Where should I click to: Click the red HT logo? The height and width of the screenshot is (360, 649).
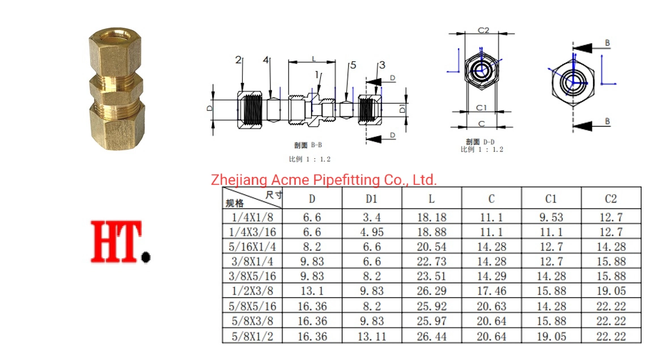(x=120, y=242)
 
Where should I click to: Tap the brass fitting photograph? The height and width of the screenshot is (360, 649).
(x=117, y=88)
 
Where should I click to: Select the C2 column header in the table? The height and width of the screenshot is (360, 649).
(x=610, y=199)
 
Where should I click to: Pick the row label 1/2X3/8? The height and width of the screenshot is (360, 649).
(x=252, y=291)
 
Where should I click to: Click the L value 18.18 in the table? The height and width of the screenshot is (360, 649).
(x=431, y=217)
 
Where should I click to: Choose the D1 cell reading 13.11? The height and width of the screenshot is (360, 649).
(x=372, y=336)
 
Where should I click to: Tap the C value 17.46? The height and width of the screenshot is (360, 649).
(x=491, y=291)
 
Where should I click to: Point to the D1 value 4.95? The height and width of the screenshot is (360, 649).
(x=372, y=232)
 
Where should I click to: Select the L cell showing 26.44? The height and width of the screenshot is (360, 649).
(x=431, y=336)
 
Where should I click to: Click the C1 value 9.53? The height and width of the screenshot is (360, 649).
(x=551, y=217)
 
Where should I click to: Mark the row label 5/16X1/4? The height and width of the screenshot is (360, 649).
(x=252, y=247)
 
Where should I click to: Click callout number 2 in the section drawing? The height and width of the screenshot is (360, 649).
(x=238, y=60)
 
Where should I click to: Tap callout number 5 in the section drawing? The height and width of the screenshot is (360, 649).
(x=353, y=65)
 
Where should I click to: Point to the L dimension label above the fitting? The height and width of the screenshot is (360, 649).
(x=314, y=59)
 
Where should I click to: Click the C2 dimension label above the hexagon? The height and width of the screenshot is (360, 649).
(x=483, y=30)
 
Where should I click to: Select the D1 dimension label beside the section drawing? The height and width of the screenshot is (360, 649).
(x=402, y=109)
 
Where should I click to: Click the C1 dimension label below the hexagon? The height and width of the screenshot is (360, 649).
(x=481, y=108)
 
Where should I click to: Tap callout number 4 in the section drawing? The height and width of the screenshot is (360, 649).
(x=266, y=60)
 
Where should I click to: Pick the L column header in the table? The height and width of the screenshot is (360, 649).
(x=431, y=199)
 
